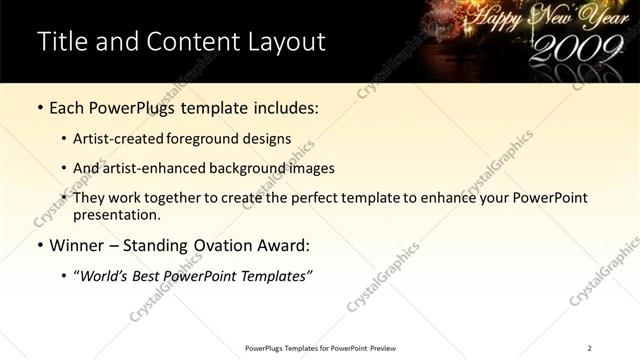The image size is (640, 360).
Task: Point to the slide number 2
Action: (591, 348)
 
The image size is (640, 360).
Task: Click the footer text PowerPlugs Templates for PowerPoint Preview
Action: (320, 348)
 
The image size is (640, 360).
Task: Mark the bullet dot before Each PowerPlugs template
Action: (39, 107)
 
